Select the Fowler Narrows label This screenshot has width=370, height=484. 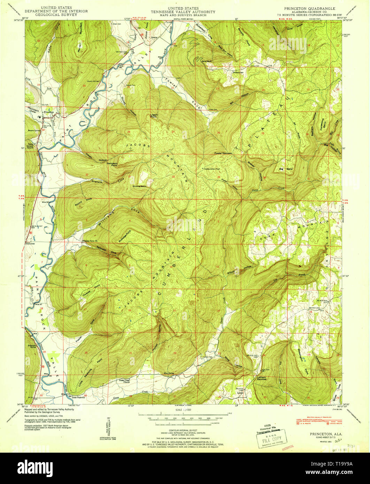(x=223, y=153)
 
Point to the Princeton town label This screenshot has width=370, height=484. (x=48, y=112)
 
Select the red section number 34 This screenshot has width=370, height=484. (x=173, y=177)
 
